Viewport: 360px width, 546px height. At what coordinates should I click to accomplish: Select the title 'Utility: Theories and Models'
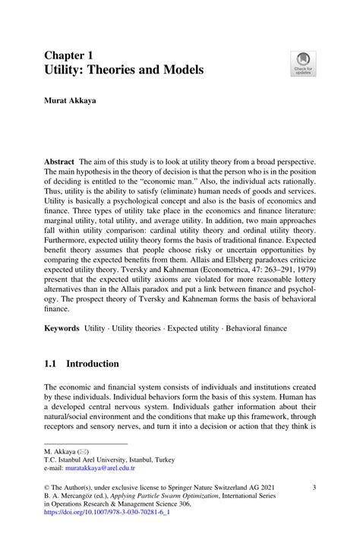tap(123, 70)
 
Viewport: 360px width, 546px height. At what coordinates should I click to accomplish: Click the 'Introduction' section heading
tap(103, 365)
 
